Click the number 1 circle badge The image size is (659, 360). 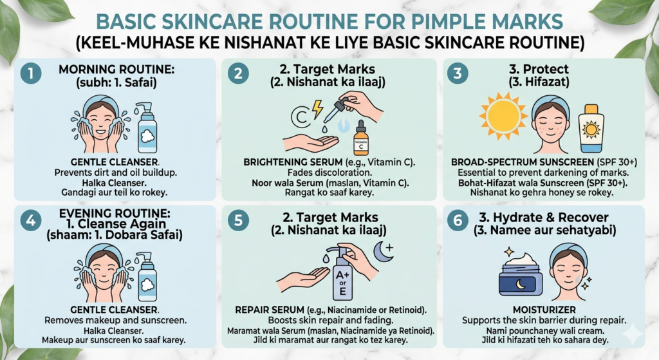(31, 73)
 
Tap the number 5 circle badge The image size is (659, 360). (238, 220)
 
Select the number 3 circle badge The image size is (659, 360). (458, 73)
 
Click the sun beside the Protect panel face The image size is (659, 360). (503, 115)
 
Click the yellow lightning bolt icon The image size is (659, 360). (317, 109)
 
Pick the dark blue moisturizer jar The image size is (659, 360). (520, 275)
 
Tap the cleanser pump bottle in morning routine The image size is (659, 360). (147, 128)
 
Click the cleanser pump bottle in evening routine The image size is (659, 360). (146, 276)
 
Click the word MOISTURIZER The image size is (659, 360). (544, 310)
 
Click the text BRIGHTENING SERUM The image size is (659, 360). (293, 162)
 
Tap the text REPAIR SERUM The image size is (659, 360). (270, 310)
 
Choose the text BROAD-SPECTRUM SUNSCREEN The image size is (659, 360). (523, 162)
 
